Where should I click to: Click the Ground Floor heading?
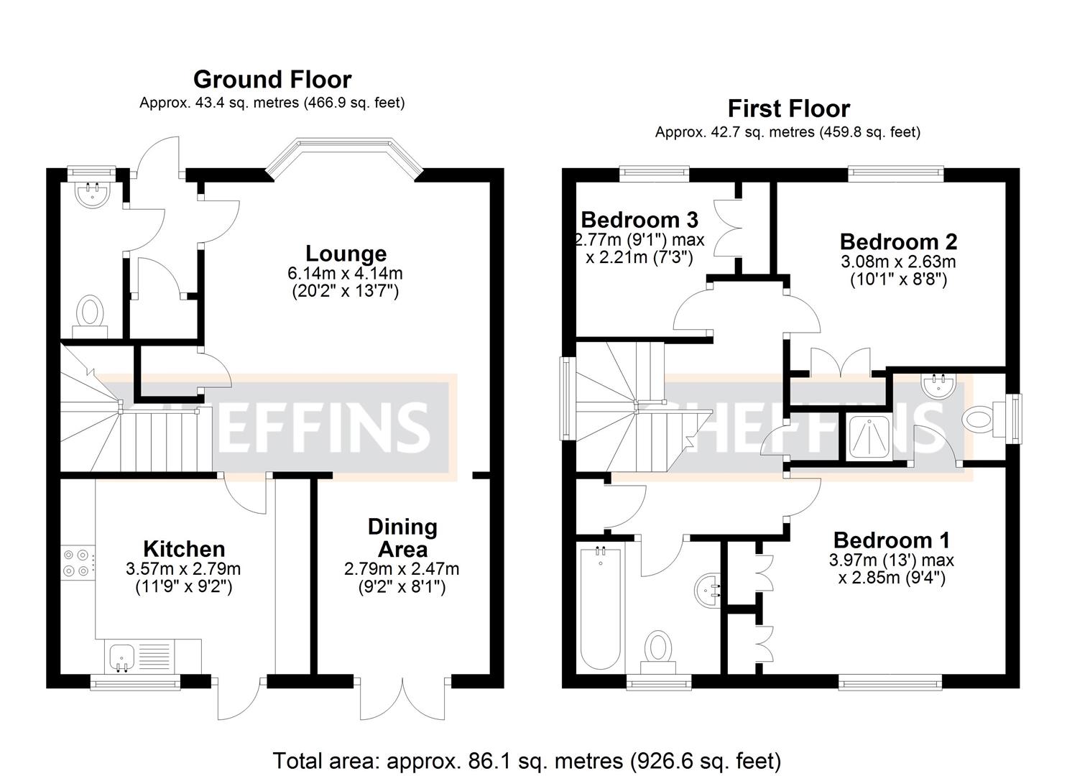point(272,79)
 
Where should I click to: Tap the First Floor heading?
point(788,108)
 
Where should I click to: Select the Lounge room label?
point(346,254)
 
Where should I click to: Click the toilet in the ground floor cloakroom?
point(90,314)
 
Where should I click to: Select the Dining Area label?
point(402,537)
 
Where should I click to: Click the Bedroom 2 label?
point(898,241)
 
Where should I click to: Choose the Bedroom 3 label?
point(639,219)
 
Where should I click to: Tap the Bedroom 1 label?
point(892,540)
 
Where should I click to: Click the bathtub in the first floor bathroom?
point(600,607)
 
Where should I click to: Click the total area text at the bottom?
point(527,760)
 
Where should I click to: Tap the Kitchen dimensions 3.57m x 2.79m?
point(183,569)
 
